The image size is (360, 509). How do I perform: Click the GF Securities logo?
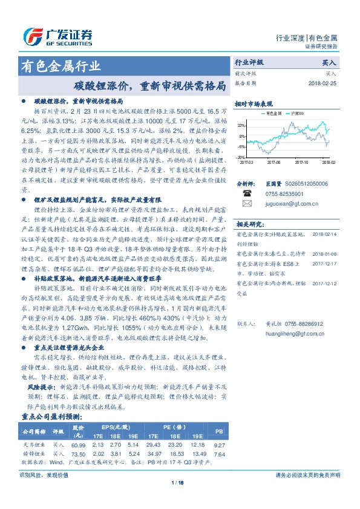pos(57,36)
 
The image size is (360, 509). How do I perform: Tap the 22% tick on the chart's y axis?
pos(241,125)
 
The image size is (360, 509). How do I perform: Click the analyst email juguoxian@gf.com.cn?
pos(284,204)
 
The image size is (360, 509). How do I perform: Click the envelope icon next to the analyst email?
pos(247,204)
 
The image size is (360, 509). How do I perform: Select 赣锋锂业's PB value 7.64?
pos(220,454)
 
